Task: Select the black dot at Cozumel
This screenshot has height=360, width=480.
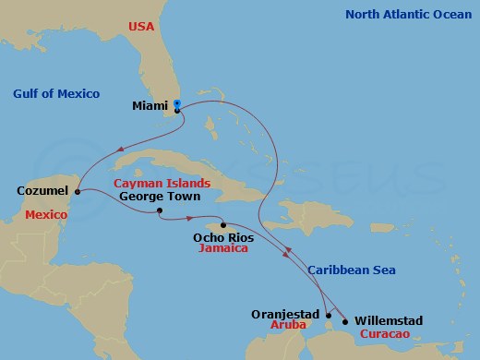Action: click(x=78, y=192)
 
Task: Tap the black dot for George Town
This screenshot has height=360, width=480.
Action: click(x=160, y=211)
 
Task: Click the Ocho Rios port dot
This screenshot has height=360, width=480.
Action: click(x=222, y=224)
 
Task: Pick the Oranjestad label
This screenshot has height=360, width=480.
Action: click(x=284, y=314)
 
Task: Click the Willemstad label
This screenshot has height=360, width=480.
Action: click(x=388, y=320)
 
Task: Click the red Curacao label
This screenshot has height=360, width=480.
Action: click(x=388, y=333)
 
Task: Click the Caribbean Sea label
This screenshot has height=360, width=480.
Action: click(x=352, y=270)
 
